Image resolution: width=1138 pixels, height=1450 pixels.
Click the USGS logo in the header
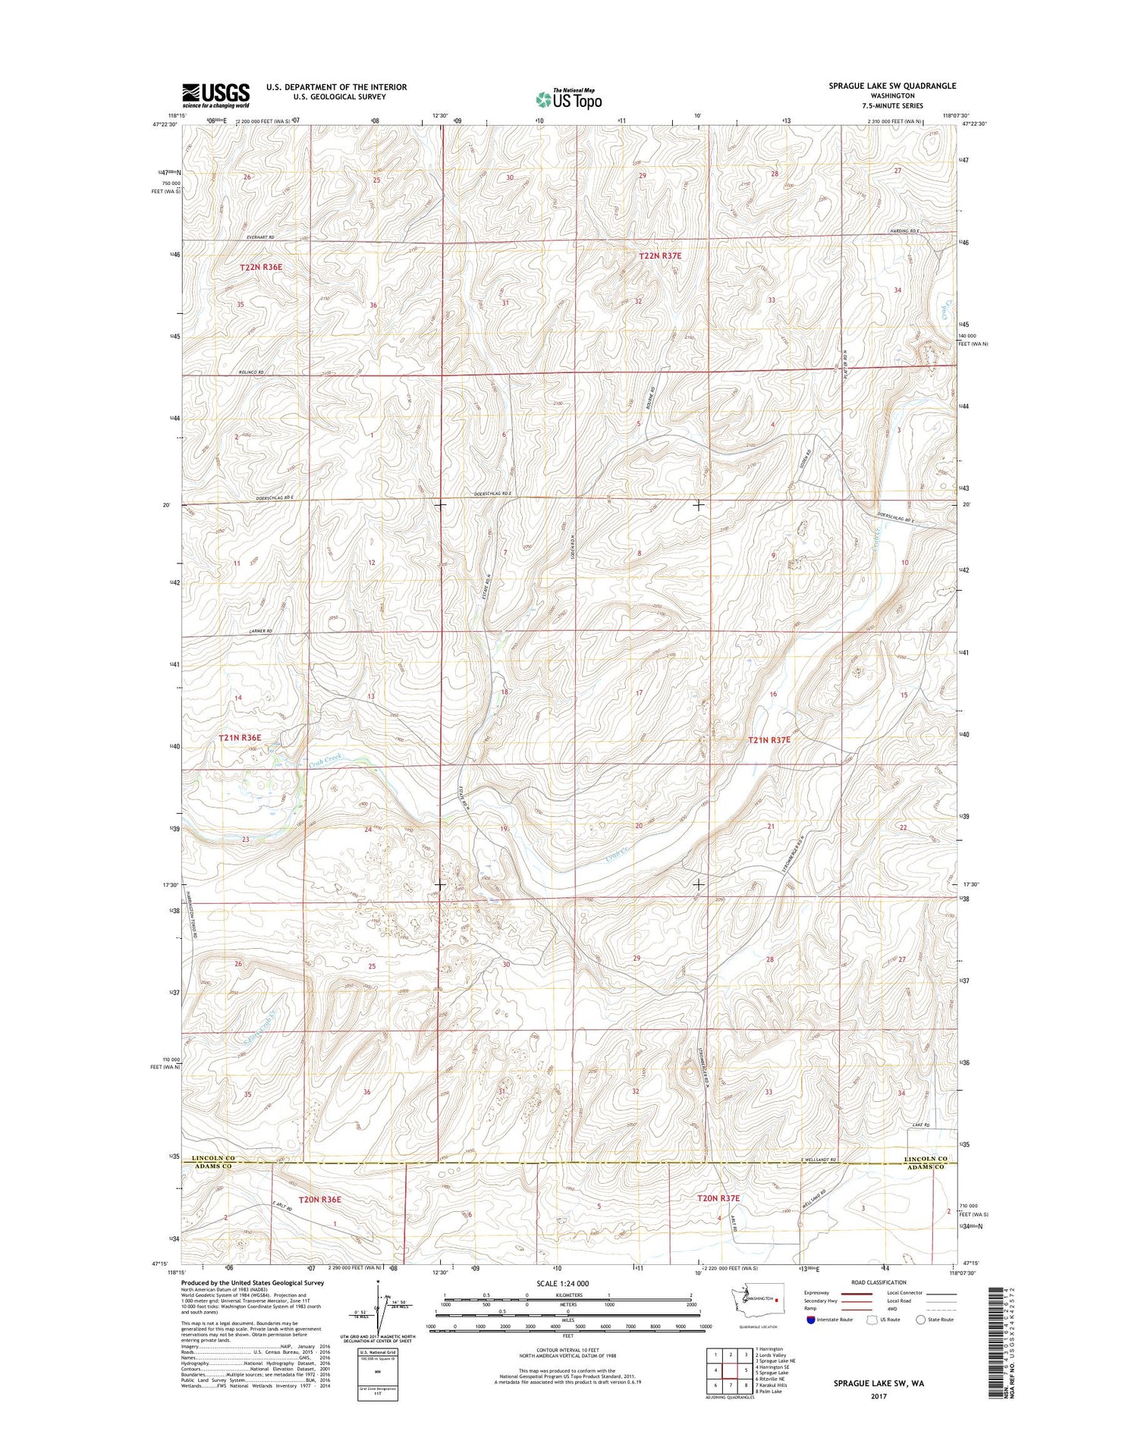(215, 96)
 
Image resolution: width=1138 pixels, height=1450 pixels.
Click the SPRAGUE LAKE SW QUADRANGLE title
(892, 86)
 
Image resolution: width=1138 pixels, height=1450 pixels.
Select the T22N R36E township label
(261, 267)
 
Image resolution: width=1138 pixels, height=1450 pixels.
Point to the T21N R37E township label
(769, 739)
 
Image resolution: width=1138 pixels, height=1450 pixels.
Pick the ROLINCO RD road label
(251, 372)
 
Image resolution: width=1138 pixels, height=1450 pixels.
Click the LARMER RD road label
(259, 631)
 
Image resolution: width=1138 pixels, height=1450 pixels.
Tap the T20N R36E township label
(320, 1199)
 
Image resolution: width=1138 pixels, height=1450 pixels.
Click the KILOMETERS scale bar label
(567, 1295)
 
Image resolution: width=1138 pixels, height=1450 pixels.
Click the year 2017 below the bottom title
(879, 1396)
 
